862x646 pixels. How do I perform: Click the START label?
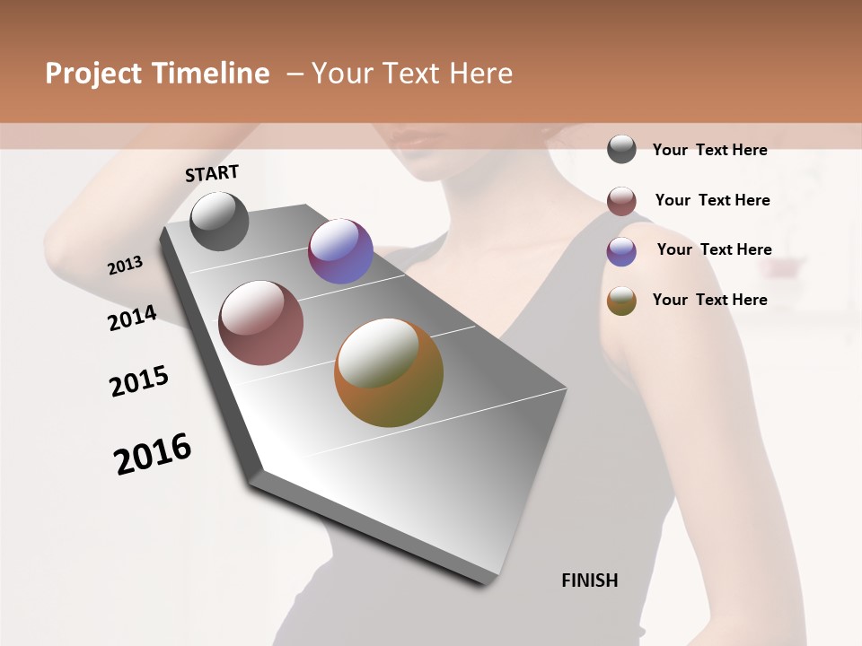tap(212, 173)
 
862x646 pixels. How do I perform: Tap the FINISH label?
tap(589, 581)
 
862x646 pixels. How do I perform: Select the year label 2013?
tap(126, 266)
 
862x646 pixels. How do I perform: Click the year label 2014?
tap(132, 318)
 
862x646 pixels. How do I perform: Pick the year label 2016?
tap(153, 453)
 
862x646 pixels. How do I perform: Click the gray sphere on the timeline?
tap(219, 221)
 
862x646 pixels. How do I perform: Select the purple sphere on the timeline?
tap(340, 251)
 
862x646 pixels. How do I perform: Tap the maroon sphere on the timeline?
tap(261, 323)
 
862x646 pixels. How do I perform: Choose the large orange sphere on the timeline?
tap(389, 372)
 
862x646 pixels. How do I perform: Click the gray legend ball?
tap(621, 149)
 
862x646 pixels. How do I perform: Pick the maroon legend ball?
tap(621, 201)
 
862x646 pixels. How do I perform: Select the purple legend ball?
tap(621, 251)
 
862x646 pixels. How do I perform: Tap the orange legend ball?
tap(621, 301)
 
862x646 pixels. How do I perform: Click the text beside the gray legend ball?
tap(709, 150)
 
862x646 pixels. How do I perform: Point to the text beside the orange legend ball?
tap(709, 300)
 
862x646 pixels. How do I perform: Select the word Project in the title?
tap(92, 74)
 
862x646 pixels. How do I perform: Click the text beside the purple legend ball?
tap(714, 249)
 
